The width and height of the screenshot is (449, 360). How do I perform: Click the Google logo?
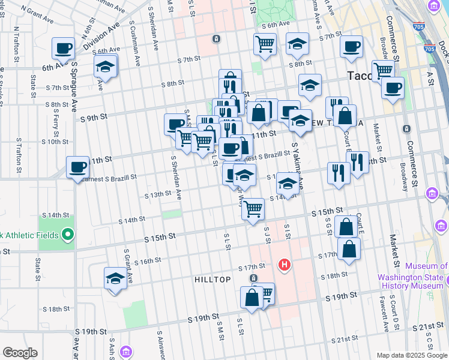19,353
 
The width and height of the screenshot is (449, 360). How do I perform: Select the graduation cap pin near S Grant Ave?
115,278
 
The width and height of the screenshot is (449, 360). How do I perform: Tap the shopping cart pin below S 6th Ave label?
265,44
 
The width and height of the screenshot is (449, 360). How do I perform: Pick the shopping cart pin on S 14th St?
253,209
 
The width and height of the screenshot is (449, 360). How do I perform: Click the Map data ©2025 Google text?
412,355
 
